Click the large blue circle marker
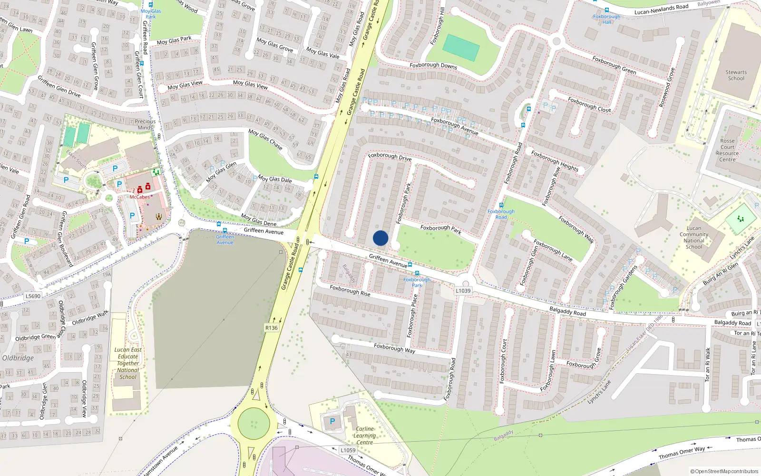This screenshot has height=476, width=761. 380,238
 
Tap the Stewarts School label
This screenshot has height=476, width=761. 736,75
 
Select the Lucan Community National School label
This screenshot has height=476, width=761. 693,238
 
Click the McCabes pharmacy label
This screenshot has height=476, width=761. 139,197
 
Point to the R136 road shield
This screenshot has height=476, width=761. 271,328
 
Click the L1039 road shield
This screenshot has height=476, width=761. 463,290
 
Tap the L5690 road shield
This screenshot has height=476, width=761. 33,296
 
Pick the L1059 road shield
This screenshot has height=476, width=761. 348,450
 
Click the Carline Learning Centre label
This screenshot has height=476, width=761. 364,436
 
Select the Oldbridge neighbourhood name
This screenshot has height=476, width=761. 18,358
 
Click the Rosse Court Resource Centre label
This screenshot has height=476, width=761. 727,150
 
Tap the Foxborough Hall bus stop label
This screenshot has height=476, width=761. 606,19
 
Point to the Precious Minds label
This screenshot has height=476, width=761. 145,124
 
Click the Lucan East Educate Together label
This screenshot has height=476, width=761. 128,363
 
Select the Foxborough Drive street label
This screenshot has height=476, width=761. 390,157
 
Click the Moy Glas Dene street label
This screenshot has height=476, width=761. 258,220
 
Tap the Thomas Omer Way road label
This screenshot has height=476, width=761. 682,453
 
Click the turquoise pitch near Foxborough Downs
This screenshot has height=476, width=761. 460,48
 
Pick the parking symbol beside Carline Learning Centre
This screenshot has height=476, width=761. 332,421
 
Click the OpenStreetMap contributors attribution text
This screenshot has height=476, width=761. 724,471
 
